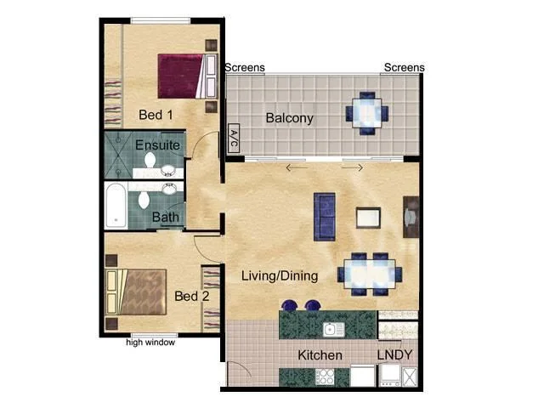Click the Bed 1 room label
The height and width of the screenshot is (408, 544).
tap(156, 114)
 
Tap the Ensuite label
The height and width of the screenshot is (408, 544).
tap(157, 145)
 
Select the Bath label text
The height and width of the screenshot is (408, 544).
tap(165, 218)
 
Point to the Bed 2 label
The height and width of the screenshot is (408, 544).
tap(191, 296)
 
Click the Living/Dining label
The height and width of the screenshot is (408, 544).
tap(280, 275)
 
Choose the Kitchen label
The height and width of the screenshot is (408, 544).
tap(320, 354)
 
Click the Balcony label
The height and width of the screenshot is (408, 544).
tap(289, 118)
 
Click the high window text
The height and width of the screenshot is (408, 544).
tap(150, 343)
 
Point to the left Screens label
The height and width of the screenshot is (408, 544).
tap(245, 68)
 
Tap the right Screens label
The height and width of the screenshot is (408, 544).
tap(404, 68)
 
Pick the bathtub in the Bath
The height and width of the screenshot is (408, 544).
tap(116, 207)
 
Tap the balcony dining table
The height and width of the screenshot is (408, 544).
tap(366, 111)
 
